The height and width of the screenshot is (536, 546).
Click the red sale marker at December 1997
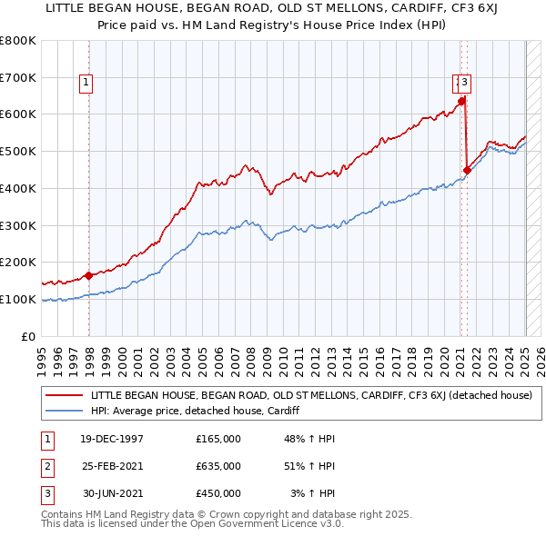click(x=88, y=275)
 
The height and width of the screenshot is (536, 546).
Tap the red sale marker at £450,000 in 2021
click(x=467, y=169)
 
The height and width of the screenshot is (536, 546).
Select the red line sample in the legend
click(x=66, y=395)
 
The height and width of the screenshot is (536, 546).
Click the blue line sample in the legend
click(x=66, y=411)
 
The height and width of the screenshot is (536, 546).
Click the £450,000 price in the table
click(x=218, y=493)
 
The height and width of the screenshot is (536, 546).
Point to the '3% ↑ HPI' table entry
click(x=312, y=493)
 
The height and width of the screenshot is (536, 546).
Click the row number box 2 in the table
click(x=45, y=466)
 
